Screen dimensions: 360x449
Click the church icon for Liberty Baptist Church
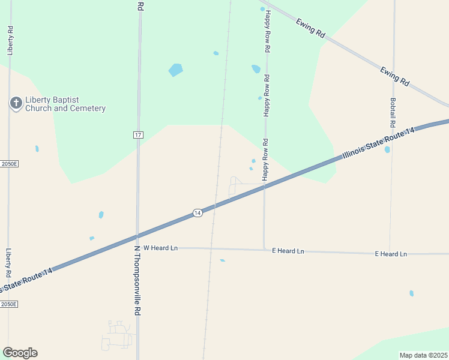(x=16, y=104)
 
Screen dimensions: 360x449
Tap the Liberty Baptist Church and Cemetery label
(x=65, y=104)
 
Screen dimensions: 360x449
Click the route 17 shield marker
(x=138, y=135)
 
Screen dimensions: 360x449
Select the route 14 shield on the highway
(x=197, y=213)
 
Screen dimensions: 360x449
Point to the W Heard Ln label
(x=160, y=248)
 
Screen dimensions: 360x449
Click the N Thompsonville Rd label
(x=137, y=280)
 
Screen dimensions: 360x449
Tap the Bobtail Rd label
(x=393, y=112)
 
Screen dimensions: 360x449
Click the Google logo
(x=20, y=353)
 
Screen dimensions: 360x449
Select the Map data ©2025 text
(x=423, y=355)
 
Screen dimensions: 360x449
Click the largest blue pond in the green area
(x=175, y=70)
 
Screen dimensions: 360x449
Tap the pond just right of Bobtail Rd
(x=387, y=149)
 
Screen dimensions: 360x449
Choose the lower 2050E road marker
(x=8, y=304)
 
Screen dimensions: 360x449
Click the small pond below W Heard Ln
(x=222, y=260)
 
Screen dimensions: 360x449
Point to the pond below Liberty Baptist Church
(x=37, y=149)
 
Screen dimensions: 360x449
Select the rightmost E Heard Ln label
(x=391, y=254)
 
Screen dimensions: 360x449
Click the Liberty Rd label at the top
(x=10, y=41)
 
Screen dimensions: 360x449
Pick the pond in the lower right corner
(x=411, y=293)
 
